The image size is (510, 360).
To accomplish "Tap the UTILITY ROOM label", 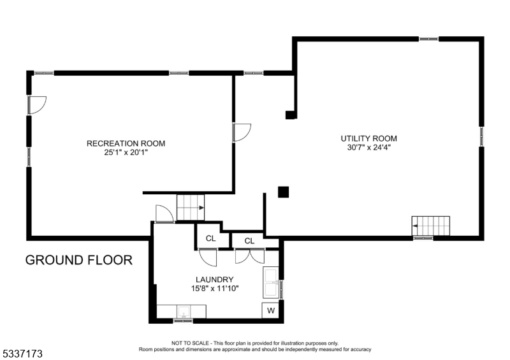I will tap(368, 138).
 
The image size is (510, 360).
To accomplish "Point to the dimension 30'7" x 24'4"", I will tap(368, 148).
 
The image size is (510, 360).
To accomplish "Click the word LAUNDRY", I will tap(214, 279).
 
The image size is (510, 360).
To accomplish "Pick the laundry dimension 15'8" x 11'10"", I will tap(214, 289).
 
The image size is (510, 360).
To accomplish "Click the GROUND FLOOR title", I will tap(79, 260).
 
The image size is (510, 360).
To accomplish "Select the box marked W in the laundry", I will tap(270, 311).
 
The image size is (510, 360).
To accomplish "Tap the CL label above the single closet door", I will tap(210, 240).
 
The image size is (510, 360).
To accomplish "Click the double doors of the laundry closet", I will tap(249, 256).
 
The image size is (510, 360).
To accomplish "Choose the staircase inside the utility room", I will tap(431, 226).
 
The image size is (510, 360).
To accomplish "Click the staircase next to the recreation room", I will tap(190, 208).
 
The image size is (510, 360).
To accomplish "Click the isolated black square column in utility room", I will tap(284, 191).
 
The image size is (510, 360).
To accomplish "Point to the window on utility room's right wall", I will tap(481, 137).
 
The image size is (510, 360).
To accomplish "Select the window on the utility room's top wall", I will tap(428, 39).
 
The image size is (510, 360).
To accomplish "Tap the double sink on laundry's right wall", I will tap(272, 283).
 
